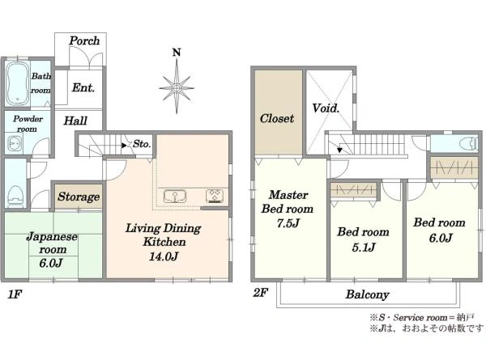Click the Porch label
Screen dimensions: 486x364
pyautogui.click(x=84, y=40)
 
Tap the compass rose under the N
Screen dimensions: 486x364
pyautogui.click(x=177, y=88)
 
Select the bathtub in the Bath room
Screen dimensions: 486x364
pyautogui.click(x=17, y=83)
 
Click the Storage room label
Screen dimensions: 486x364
pyautogui.click(x=79, y=197)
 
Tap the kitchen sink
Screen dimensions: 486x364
pyautogui.click(x=175, y=197)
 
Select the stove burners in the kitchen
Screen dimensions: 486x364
pyautogui.click(x=215, y=196)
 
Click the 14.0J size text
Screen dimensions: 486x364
pyautogui.click(x=164, y=256)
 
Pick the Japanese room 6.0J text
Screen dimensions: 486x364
pyautogui.click(x=51, y=263)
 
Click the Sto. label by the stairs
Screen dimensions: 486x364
pyautogui.click(x=142, y=144)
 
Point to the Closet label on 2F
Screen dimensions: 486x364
pyautogui.click(x=277, y=118)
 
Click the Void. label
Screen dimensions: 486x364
pyautogui.click(x=326, y=108)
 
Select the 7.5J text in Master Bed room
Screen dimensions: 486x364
pyautogui.click(x=288, y=223)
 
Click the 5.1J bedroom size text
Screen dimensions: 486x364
pyautogui.click(x=364, y=247)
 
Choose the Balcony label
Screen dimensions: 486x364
pyautogui.click(x=368, y=294)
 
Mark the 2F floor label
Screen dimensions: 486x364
pyautogui.click(x=260, y=293)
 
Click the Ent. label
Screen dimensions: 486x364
pyautogui.click(x=83, y=88)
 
